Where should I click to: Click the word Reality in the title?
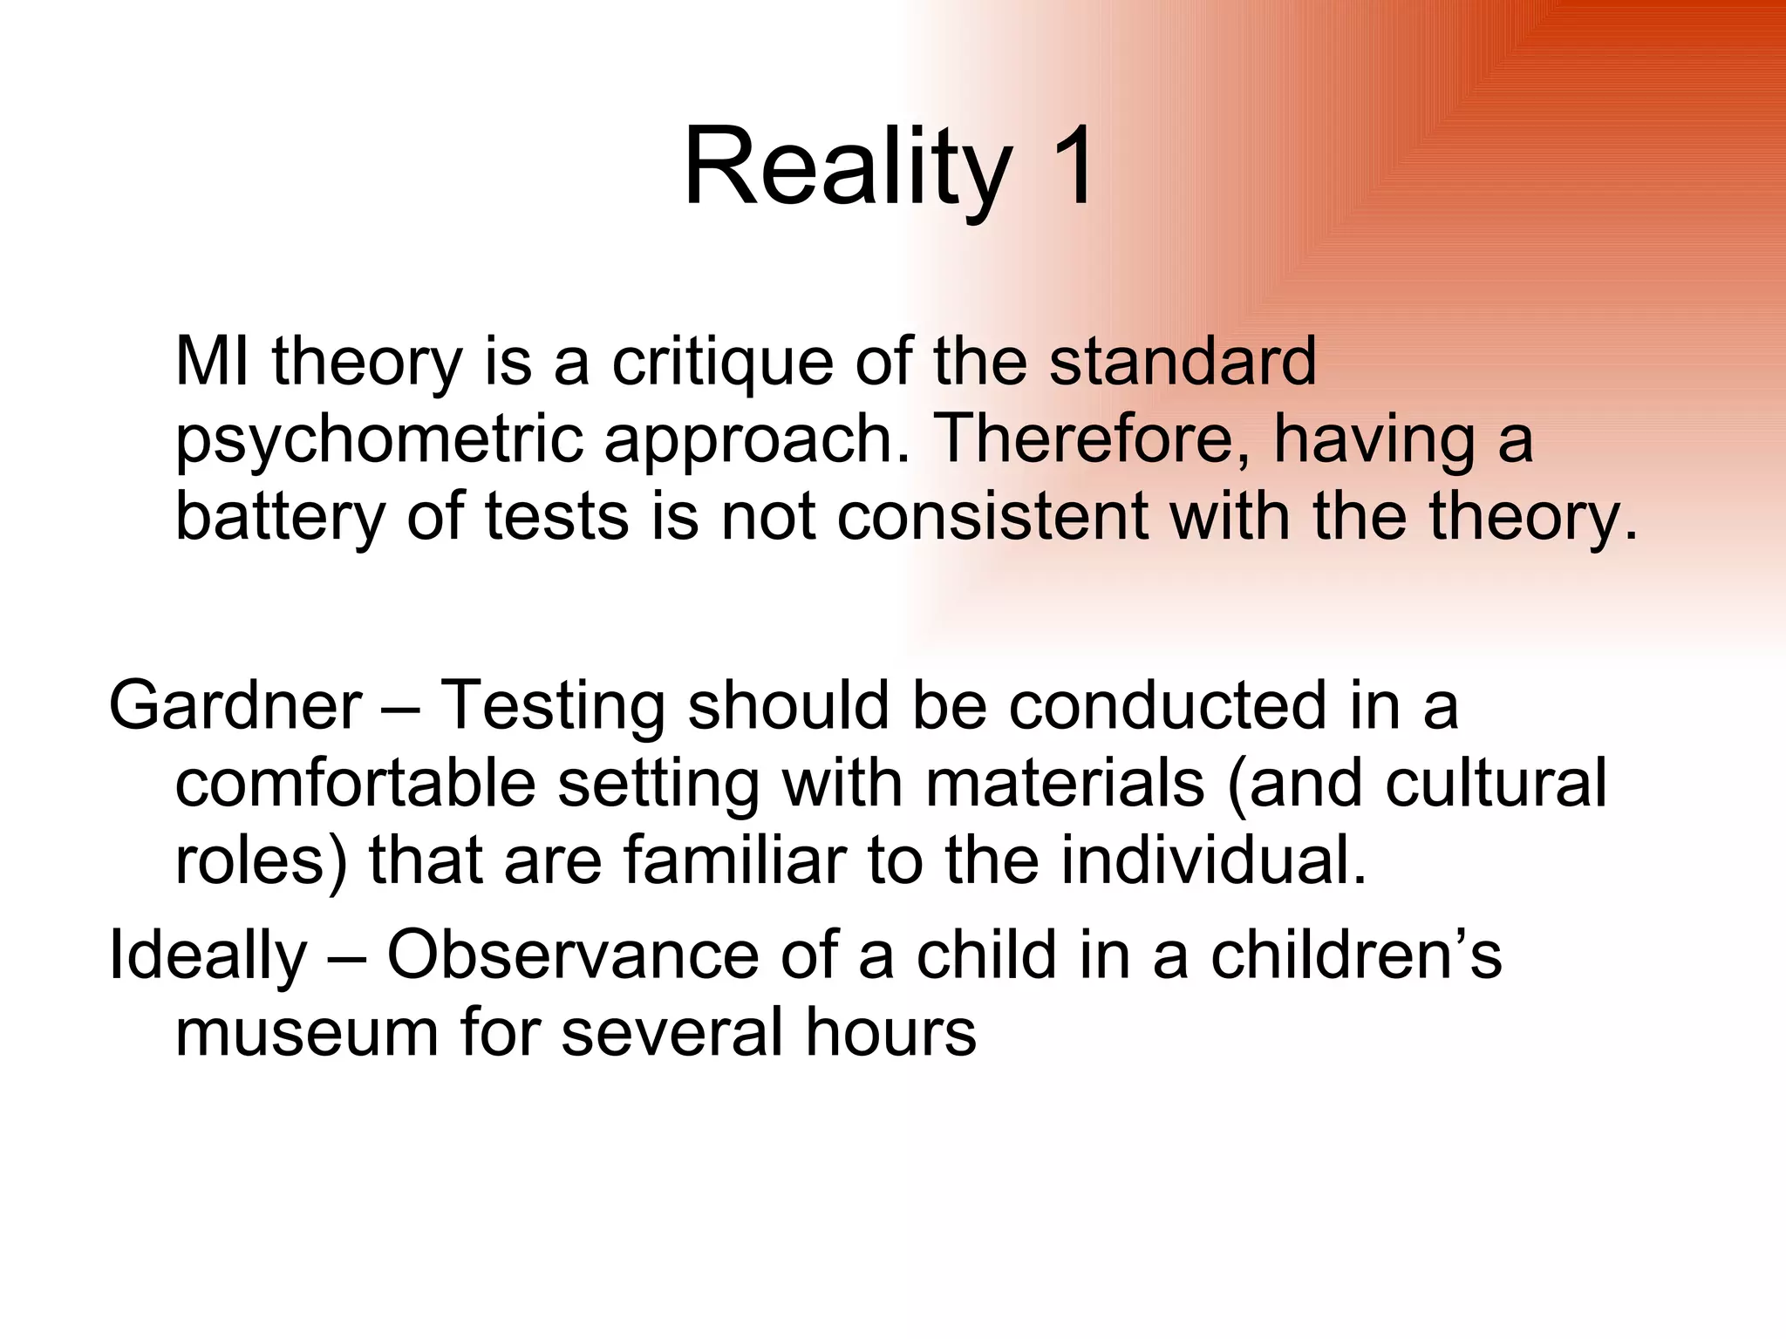(x=845, y=167)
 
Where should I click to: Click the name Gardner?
(x=235, y=705)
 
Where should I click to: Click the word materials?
(x=1065, y=783)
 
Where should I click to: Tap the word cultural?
(x=1495, y=783)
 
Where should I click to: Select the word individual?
(x=1213, y=860)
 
